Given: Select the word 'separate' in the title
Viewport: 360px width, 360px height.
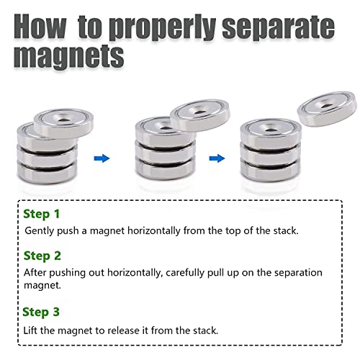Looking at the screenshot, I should [x=288, y=27].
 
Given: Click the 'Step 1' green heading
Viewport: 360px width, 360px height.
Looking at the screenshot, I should [x=42, y=214].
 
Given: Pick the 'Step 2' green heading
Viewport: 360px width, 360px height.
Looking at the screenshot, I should [x=42, y=256].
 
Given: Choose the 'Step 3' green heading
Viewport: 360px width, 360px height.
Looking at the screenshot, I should [x=42, y=312].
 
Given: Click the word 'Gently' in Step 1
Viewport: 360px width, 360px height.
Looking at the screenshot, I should [x=40, y=231].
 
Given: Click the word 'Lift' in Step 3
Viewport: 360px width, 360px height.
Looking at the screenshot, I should [x=32, y=330].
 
